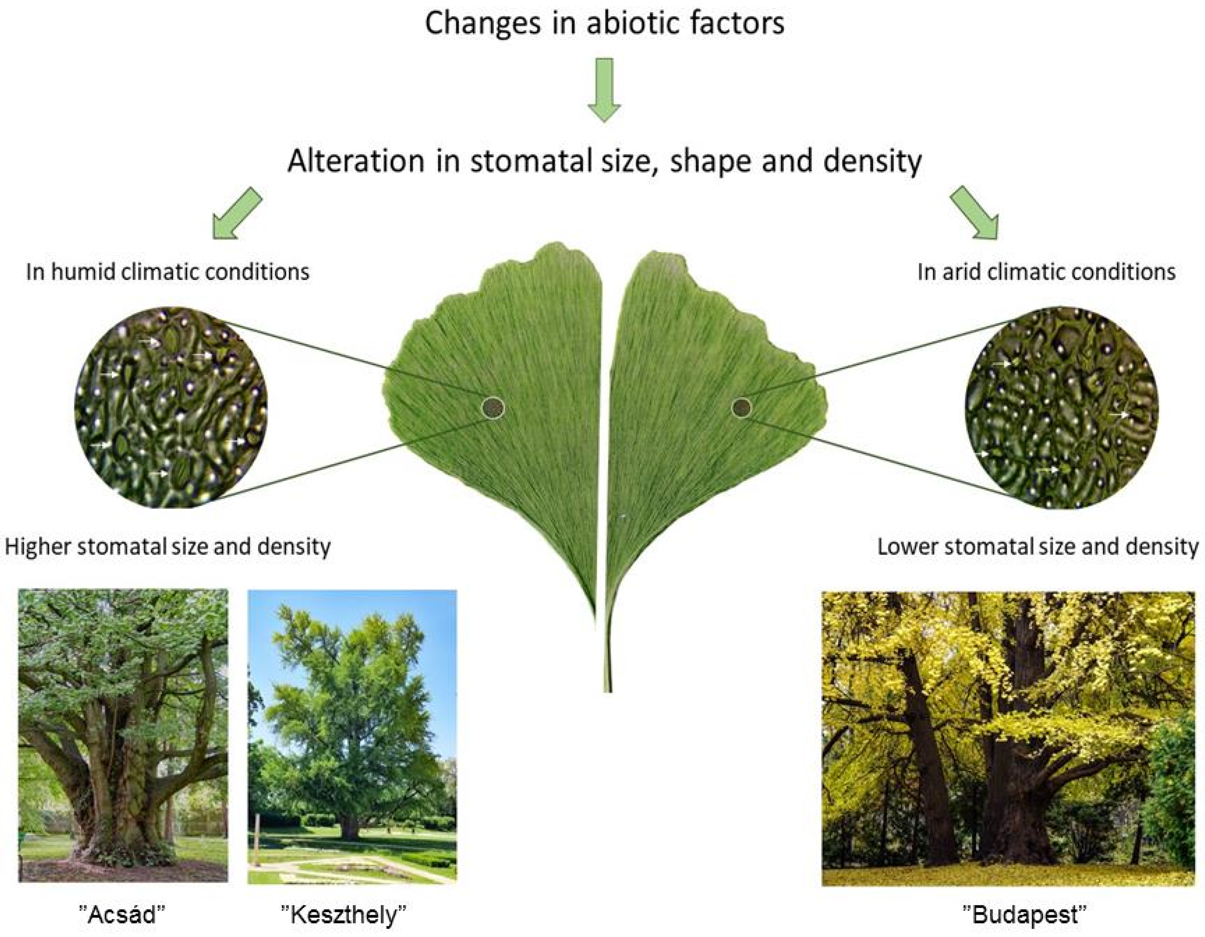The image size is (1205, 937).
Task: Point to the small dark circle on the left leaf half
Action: point(493,407)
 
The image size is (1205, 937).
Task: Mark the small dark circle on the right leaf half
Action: point(741,407)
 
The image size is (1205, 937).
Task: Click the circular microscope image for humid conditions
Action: point(171,407)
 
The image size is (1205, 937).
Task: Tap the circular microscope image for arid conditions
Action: point(1062,407)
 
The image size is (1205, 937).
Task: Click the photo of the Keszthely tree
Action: point(352,736)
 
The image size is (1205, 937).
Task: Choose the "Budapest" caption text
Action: point(1025,914)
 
